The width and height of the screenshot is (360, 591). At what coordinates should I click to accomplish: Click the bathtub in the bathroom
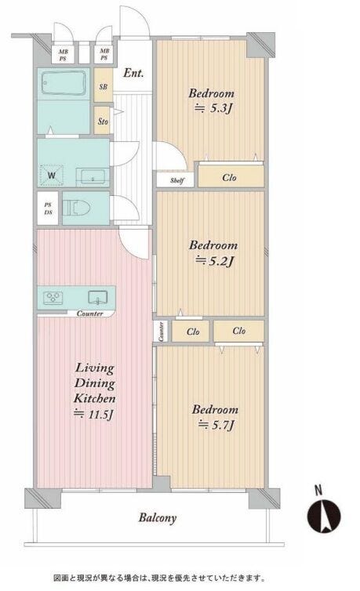click(x=64, y=84)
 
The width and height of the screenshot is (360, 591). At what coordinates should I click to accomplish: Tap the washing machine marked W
click(x=51, y=175)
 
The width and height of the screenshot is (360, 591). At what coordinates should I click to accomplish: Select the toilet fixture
click(x=77, y=208)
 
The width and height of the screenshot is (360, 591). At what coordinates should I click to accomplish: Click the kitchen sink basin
click(x=98, y=297)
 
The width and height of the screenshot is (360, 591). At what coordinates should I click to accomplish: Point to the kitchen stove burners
click(x=53, y=298)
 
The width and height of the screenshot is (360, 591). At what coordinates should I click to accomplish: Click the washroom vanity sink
click(x=93, y=177)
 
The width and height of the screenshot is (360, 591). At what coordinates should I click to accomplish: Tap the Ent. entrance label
click(x=133, y=73)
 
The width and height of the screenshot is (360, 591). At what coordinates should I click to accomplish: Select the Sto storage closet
click(x=102, y=121)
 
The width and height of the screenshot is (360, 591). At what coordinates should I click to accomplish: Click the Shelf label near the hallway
click(x=176, y=180)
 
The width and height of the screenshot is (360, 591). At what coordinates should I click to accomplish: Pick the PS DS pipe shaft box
click(x=48, y=208)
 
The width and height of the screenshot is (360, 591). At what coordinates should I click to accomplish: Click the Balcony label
click(x=158, y=518)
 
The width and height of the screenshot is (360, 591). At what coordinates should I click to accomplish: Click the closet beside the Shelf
click(x=231, y=176)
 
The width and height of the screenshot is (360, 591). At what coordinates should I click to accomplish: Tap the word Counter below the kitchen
click(x=89, y=314)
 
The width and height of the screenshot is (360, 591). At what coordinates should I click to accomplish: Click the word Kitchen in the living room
click(x=94, y=398)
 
